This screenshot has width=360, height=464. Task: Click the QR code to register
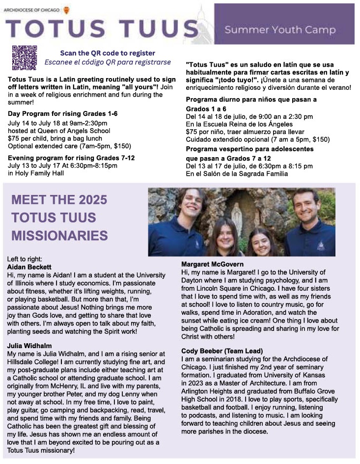point(25,57)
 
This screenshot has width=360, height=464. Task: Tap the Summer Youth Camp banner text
point(280,30)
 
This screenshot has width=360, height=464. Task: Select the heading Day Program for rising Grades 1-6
point(63,114)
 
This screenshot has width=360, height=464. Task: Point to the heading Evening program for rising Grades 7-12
point(71,158)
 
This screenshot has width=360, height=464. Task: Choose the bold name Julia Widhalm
point(29,346)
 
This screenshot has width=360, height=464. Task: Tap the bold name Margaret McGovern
point(212,265)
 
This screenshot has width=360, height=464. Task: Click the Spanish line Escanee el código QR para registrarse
point(108,62)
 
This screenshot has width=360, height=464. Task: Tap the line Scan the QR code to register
point(108,53)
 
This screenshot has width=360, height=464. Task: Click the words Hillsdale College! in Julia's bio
point(31,361)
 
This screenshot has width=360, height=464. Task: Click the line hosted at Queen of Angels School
point(59,131)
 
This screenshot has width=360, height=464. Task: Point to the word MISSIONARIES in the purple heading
point(59,235)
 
